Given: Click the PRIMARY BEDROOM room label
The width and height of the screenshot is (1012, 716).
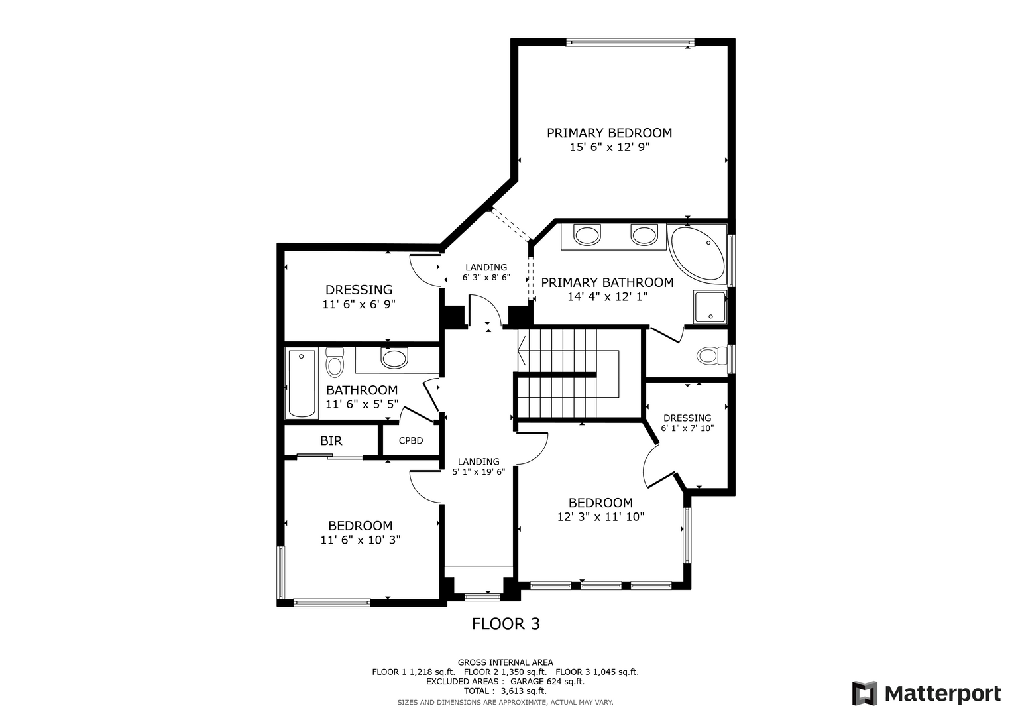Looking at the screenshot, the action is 609,133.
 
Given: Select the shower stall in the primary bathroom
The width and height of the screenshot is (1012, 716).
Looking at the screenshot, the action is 710,307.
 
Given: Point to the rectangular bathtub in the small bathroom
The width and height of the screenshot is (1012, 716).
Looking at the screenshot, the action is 302,383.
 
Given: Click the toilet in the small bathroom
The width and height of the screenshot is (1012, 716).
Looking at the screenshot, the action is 334,362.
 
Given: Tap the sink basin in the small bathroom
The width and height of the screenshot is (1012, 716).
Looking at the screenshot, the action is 394,358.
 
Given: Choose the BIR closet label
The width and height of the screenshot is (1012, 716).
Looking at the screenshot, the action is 331,441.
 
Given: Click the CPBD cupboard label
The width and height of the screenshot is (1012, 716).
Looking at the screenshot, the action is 411,440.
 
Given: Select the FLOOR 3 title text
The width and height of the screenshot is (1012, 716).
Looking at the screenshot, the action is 506,624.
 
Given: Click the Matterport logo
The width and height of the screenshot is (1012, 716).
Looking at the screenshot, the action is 927,693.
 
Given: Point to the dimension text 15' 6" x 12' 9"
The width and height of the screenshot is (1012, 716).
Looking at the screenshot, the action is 610,147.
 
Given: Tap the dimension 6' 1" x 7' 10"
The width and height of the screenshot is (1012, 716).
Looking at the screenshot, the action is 687,428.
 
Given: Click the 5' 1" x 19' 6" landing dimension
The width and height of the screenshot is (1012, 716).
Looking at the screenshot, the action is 478,472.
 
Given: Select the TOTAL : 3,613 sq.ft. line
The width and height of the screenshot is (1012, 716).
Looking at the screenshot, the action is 505,691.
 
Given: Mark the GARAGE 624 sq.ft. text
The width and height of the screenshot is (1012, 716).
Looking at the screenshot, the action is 547,682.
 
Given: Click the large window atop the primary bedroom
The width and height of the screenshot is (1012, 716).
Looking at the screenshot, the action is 630,42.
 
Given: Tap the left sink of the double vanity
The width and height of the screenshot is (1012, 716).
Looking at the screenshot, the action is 587,235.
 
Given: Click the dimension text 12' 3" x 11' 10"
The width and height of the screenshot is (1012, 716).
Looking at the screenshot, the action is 600,516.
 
